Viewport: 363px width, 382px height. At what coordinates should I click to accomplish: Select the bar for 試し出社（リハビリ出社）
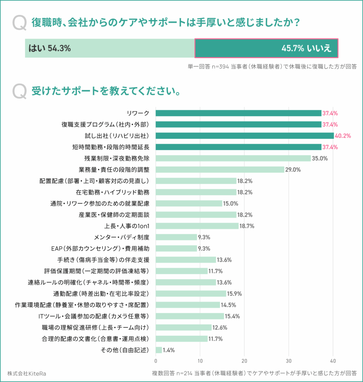[244, 136]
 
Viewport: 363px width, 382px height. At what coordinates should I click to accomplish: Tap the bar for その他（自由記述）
[159, 350]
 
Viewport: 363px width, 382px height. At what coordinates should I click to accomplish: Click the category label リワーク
[138, 113]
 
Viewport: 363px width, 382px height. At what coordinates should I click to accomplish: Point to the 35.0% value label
[320, 158]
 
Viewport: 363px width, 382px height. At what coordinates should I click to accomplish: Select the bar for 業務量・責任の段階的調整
[220, 169]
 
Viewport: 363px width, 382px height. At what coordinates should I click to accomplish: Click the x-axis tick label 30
[288, 361]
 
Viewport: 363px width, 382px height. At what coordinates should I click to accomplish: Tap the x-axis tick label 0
[156, 361]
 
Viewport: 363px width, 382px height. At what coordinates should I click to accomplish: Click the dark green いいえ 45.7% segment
[266, 48]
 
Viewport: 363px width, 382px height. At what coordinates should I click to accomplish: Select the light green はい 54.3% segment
[110, 48]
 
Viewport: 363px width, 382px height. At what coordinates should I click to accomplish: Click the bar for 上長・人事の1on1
[197, 226]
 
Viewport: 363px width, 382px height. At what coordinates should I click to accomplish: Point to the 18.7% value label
[247, 226]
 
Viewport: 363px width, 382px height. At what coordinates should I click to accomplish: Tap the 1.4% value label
[169, 350]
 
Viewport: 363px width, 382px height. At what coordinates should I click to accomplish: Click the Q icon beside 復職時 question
[19, 23]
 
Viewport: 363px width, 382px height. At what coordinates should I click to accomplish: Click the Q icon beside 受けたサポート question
[19, 91]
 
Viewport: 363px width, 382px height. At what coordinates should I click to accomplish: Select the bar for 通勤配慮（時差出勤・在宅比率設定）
[191, 294]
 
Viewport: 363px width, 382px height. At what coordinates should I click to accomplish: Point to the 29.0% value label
[293, 169]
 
